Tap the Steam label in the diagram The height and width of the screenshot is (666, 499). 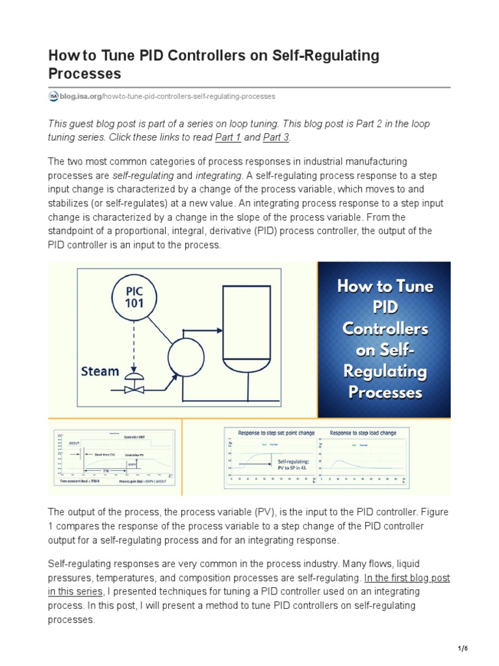click(x=99, y=371)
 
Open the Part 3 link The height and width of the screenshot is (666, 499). click(x=276, y=137)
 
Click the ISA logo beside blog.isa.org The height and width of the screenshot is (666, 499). click(x=53, y=96)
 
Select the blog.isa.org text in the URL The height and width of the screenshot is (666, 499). click(x=81, y=96)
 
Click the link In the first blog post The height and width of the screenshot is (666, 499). click(x=407, y=578)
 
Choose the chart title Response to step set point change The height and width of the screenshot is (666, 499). click(x=276, y=433)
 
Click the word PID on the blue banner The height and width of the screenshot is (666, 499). click(x=384, y=307)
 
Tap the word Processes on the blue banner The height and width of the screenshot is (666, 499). click(x=384, y=393)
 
